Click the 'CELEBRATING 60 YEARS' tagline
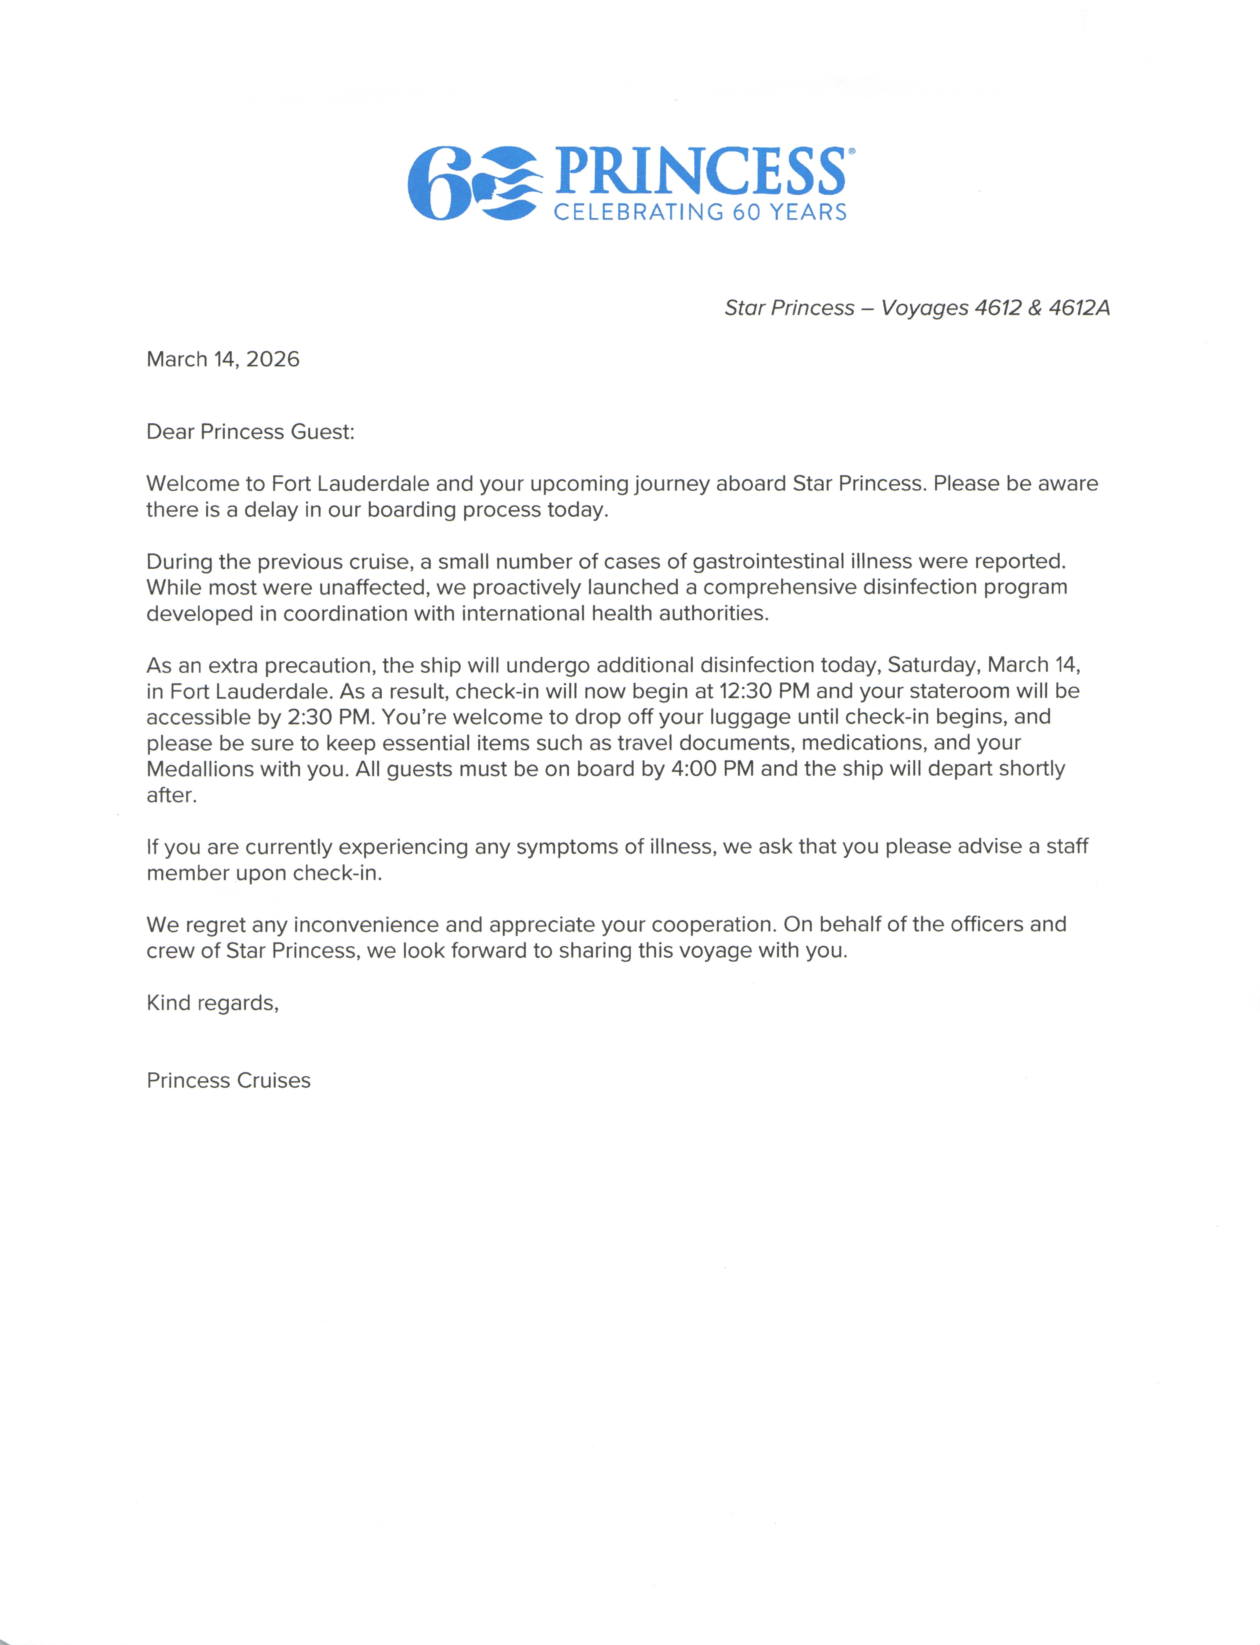[x=700, y=212]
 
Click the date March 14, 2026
[x=223, y=360]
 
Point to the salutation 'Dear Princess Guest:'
[x=250, y=432]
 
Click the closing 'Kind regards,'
[x=212, y=1003]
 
